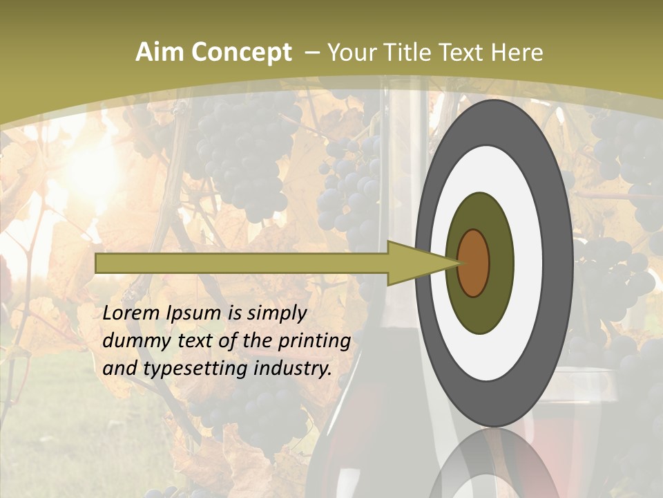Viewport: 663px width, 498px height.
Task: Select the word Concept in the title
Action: point(242,53)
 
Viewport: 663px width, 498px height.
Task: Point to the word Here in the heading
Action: point(517,53)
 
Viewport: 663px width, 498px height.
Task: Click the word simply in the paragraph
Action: point(274,313)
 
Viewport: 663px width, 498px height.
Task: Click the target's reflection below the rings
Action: point(494,467)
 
